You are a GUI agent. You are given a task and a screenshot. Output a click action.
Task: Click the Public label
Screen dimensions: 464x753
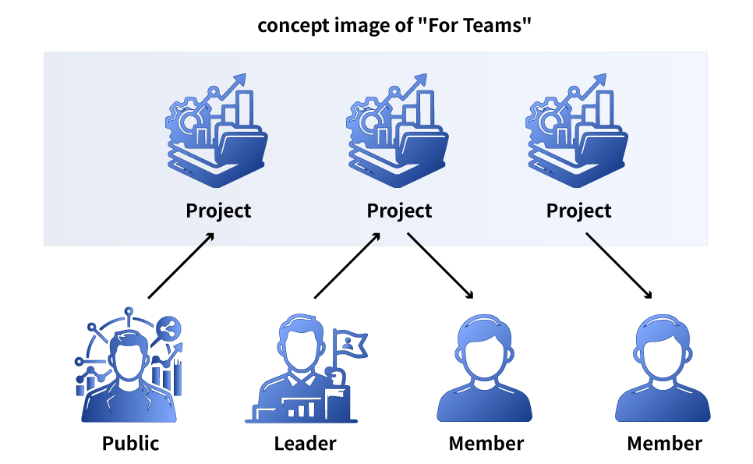coord(130,444)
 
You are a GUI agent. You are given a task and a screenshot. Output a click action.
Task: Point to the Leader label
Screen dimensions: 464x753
coord(305,444)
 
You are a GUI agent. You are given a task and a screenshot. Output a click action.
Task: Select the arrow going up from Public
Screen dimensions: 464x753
coord(180,266)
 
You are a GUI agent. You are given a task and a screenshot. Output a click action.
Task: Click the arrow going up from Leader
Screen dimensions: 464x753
coord(347,266)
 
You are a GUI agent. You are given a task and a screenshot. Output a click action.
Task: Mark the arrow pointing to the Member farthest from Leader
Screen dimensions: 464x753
coord(619,265)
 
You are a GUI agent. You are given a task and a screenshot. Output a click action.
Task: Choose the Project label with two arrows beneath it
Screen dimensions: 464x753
coord(399,211)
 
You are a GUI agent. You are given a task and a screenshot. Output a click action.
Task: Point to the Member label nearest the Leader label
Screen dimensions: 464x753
coord(486,444)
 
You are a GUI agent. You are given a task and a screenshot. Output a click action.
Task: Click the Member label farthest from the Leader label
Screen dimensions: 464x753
coord(664,444)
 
